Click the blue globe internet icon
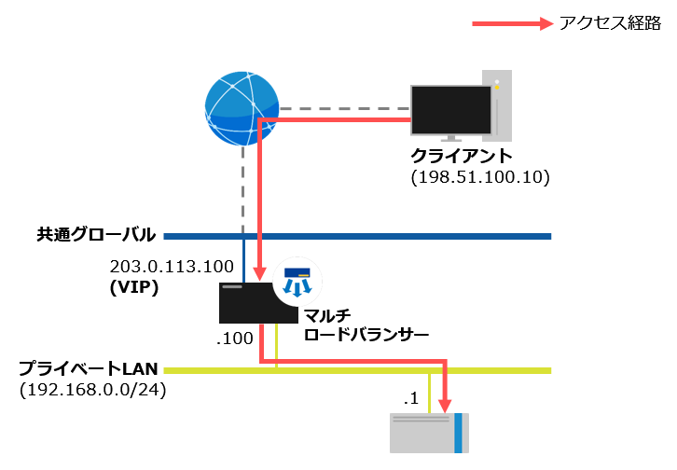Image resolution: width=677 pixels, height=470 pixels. (242, 109)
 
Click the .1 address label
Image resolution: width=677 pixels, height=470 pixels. (410, 398)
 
